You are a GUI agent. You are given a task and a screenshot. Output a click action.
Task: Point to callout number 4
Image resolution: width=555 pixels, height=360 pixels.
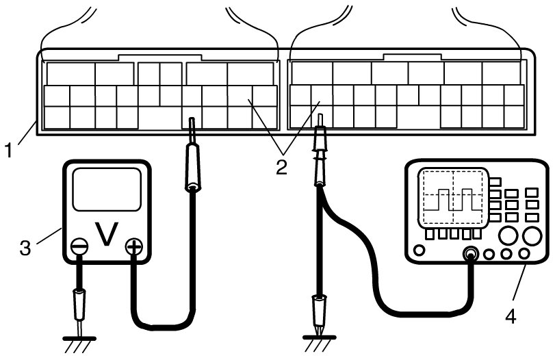511,316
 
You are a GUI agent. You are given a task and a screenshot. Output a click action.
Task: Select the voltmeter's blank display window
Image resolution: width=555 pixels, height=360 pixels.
105,190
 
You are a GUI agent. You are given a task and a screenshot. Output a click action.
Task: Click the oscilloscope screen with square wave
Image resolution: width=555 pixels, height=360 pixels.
451,198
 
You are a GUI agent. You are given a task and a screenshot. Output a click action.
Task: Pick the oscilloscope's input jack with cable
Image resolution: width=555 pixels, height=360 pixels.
470,255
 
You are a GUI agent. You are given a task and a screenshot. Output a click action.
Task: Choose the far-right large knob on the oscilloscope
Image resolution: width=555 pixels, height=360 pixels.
532,236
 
